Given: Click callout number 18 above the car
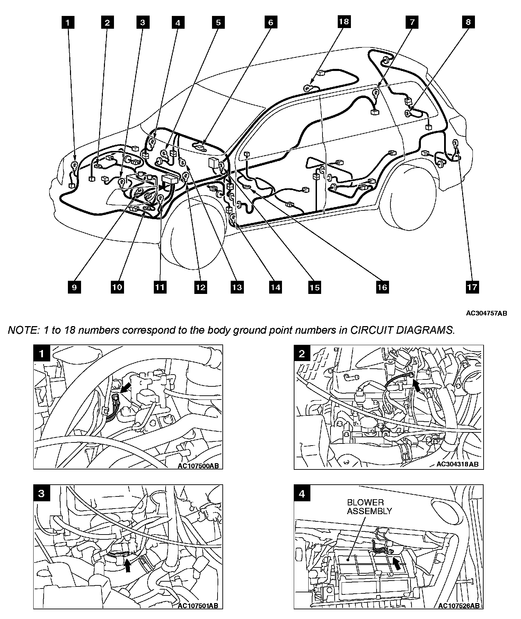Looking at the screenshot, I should click(344, 22).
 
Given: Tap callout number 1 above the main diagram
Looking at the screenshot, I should click(68, 23).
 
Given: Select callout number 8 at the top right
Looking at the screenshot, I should click(468, 22).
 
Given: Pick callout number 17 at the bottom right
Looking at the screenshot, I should click(472, 287).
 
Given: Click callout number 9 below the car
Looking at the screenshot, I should click(74, 287).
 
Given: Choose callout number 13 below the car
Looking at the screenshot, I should click(237, 287).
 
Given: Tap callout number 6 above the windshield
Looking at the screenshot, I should click(271, 23).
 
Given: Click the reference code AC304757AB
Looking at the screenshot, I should click(486, 313).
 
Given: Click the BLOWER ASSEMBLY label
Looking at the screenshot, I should click(369, 506).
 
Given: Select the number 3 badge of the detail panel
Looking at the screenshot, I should click(42, 493).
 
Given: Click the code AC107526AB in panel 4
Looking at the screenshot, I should click(459, 605).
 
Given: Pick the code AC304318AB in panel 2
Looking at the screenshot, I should click(458, 464).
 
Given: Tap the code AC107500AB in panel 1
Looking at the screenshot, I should click(198, 466).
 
